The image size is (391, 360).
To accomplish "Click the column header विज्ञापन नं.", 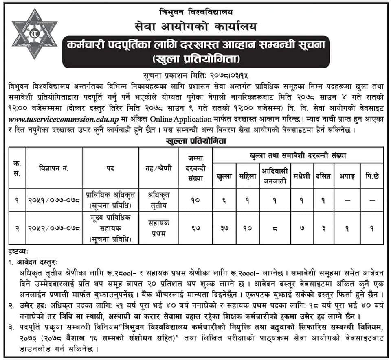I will [x=54, y=168].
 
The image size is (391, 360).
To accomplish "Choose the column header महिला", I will [x=248, y=176].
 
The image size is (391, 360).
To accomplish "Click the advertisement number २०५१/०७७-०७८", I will [x=54, y=201].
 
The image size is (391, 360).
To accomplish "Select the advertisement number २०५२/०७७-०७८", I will [x=54, y=229].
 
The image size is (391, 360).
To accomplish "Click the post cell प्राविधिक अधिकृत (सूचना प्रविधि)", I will [x=110, y=200].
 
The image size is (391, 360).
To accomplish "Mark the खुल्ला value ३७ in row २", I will [x=224, y=229].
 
